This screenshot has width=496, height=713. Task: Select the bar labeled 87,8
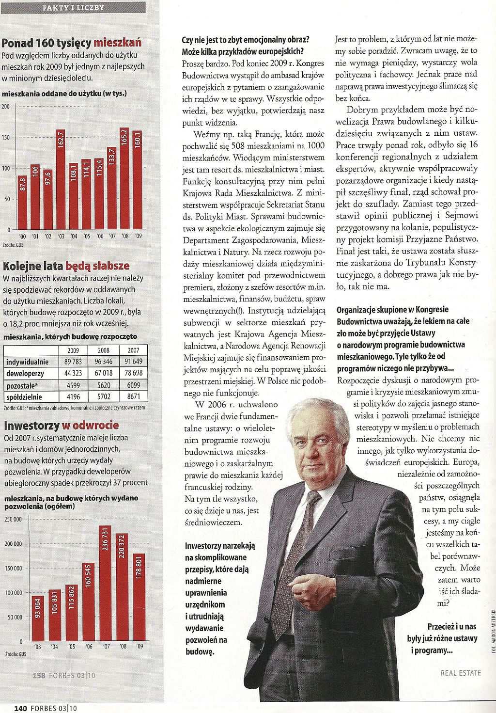(x=23, y=203)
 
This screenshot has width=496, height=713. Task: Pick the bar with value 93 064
(x=38, y=618)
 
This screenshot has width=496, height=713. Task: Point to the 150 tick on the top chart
(x=6, y=138)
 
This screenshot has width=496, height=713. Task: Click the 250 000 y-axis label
(x=13, y=519)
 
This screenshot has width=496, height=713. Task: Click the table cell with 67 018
(x=104, y=373)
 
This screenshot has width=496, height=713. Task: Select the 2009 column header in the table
(x=73, y=350)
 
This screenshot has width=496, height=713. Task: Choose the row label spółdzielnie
(x=24, y=397)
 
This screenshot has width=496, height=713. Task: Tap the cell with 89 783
(x=73, y=362)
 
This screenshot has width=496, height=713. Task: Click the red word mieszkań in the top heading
(x=118, y=43)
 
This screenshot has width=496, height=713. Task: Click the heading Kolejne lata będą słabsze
(x=66, y=266)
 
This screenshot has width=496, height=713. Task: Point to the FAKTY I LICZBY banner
(x=73, y=7)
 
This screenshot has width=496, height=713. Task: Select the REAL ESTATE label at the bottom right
(x=461, y=673)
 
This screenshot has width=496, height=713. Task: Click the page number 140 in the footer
(x=20, y=708)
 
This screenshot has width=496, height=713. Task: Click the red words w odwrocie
(x=90, y=426)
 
